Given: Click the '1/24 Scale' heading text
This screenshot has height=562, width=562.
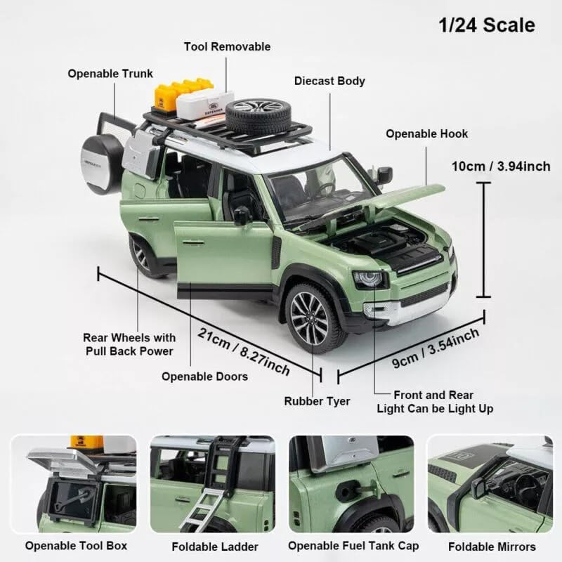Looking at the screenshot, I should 487,25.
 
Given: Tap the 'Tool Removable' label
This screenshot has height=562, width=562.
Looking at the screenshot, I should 227,47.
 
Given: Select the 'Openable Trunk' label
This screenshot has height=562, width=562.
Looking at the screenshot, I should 110,73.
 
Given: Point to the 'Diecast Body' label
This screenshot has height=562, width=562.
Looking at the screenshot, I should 330,81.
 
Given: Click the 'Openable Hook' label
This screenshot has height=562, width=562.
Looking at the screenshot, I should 426,133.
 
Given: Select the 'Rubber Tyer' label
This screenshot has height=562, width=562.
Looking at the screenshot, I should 317,401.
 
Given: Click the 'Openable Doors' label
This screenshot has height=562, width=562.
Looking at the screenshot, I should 204,377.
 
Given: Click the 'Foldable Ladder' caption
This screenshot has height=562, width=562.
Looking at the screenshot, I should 215,547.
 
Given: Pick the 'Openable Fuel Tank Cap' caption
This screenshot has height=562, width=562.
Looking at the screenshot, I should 353,546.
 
